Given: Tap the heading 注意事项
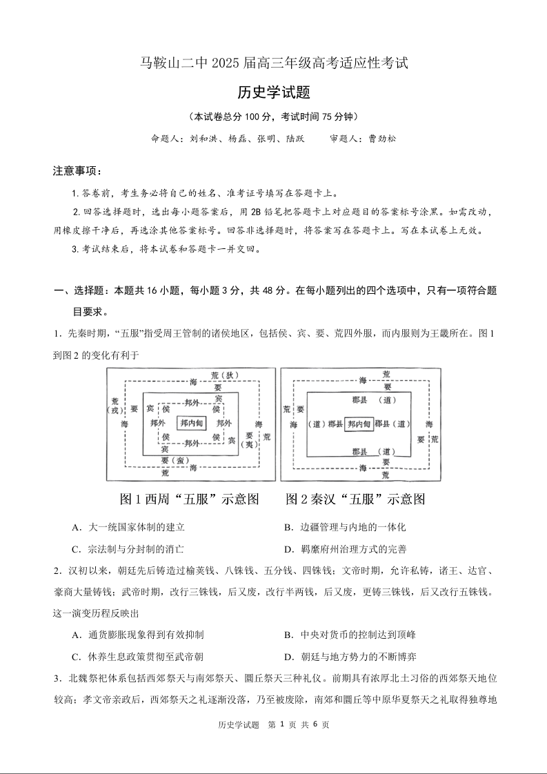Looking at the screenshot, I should [77, 170].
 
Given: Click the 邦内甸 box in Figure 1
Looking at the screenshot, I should [192, 423].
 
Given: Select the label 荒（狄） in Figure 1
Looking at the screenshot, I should [224, 375].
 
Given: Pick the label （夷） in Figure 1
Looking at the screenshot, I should [250, 446].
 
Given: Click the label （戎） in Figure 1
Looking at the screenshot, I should [115, 409].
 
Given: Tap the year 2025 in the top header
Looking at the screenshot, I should [224, 63].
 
